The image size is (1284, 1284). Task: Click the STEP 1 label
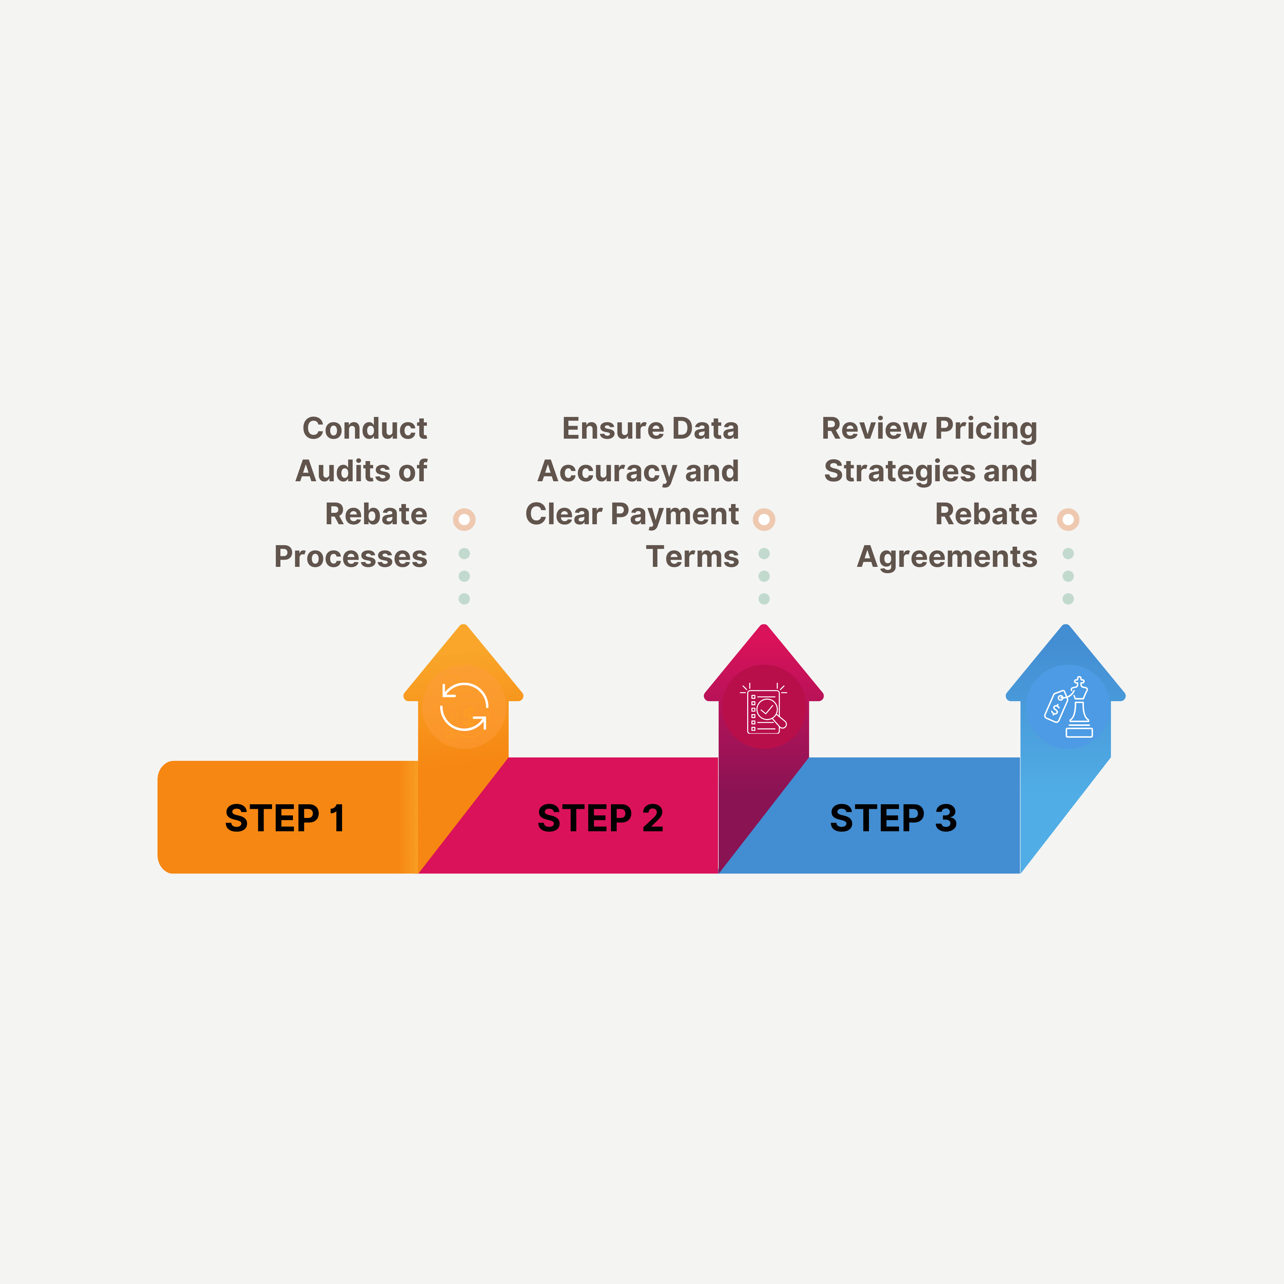285,818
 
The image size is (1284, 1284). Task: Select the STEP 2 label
600,818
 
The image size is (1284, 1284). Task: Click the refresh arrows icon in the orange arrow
464,706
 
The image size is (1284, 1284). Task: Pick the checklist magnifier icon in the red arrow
764,708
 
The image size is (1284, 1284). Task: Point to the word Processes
350,557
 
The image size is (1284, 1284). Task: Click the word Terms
692,557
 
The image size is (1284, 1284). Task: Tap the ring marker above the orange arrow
464,519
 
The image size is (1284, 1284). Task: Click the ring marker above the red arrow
764,519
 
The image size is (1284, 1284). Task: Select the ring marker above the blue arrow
1068,519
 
